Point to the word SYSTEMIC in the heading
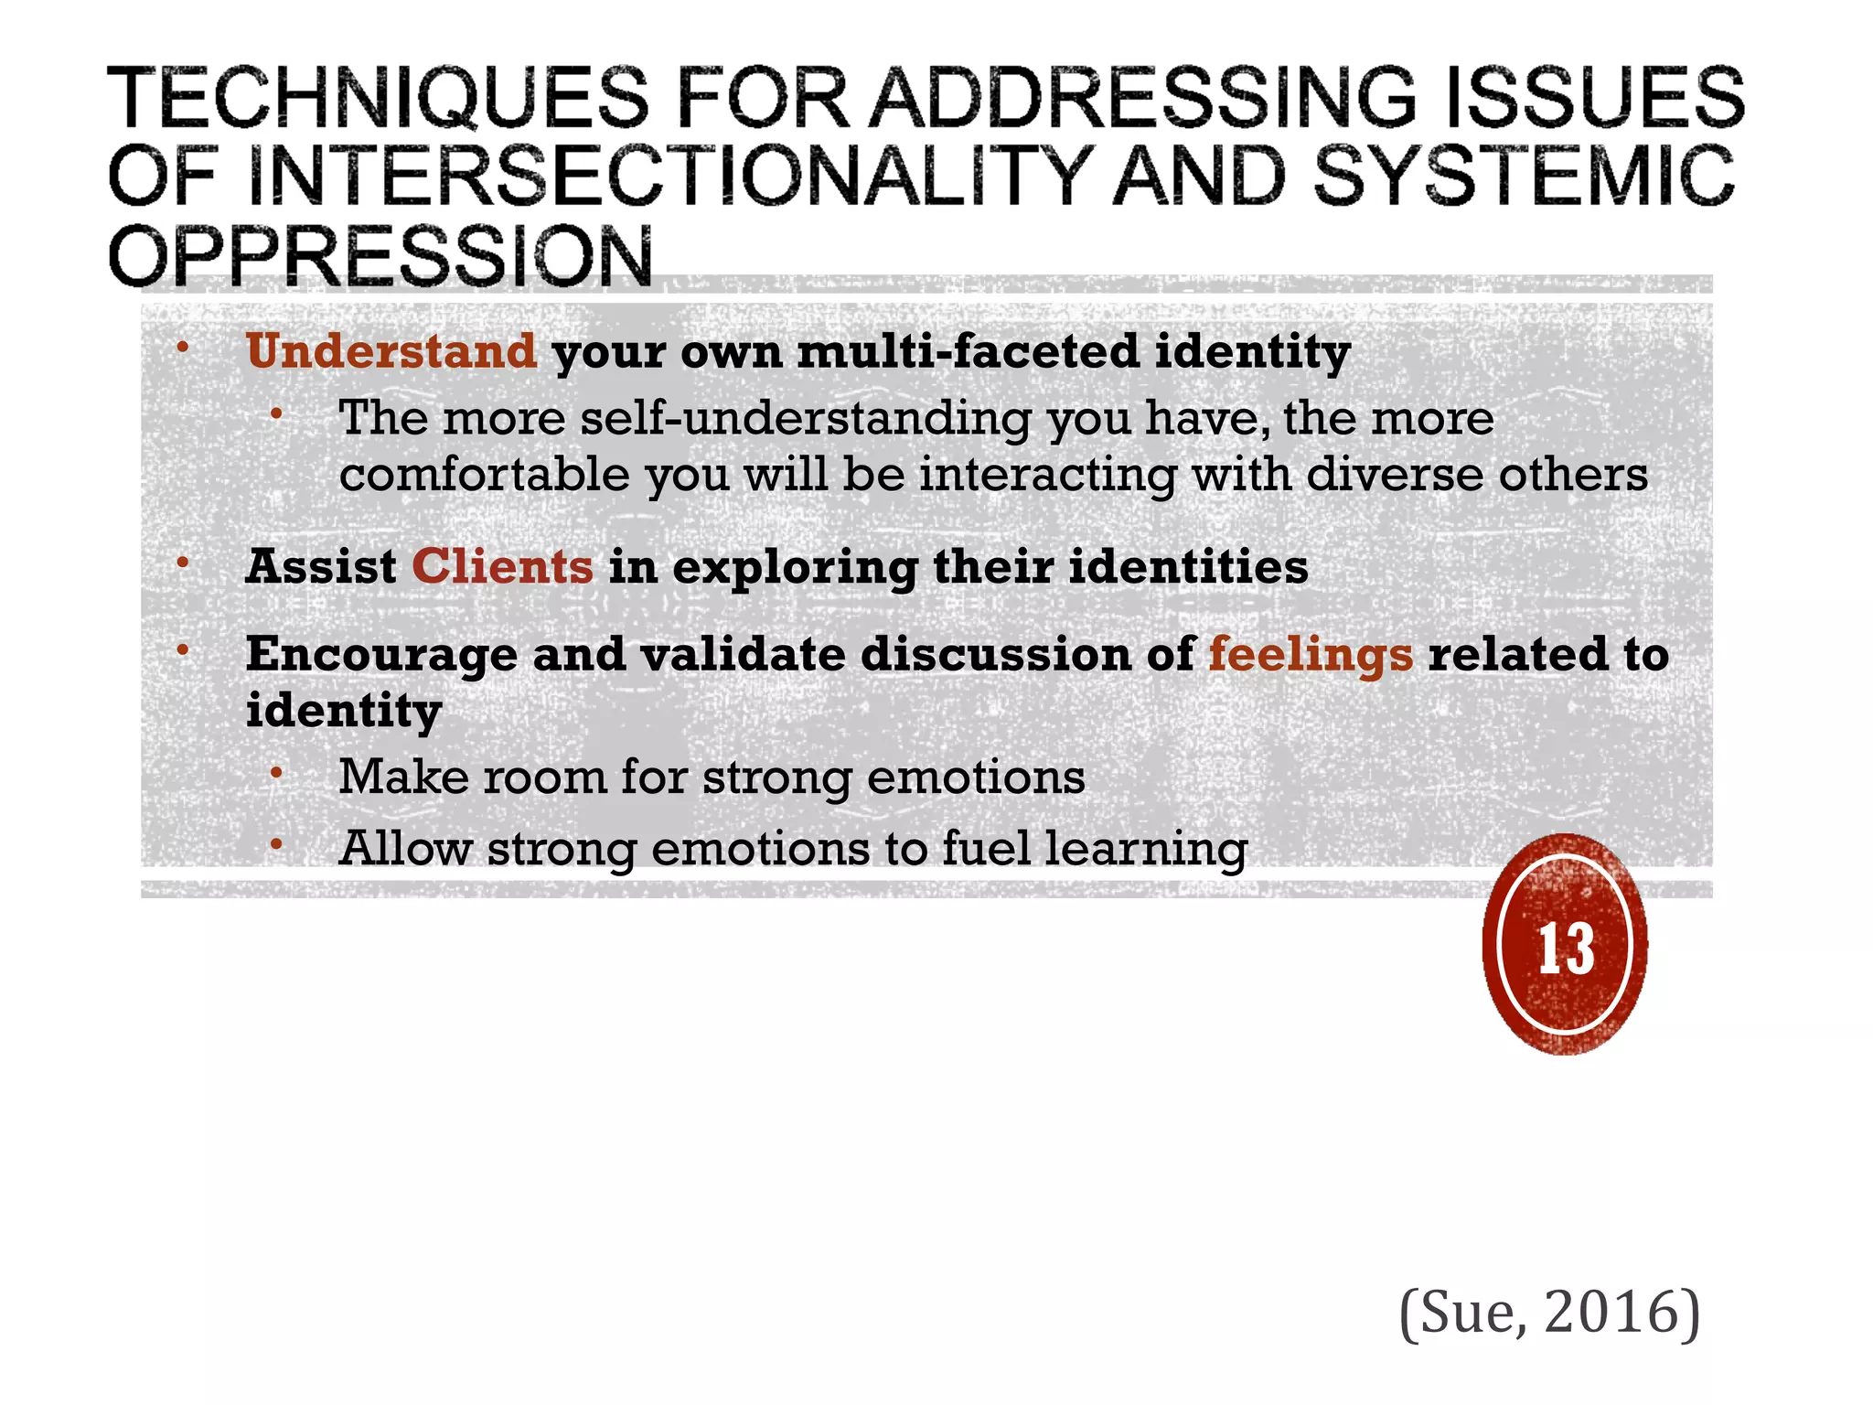coord(1524,176)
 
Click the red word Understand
coord(391,351)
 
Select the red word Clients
coord(502,566)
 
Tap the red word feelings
coord(1311,655)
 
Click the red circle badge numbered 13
coord(1565,946)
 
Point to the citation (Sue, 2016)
coord(1549,1312)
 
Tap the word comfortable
coord(484,475)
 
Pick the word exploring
coord(795,568)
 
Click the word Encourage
coord(381,655)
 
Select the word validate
coord(743,655)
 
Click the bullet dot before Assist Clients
coord(183,563)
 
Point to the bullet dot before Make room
coord(275,775)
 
